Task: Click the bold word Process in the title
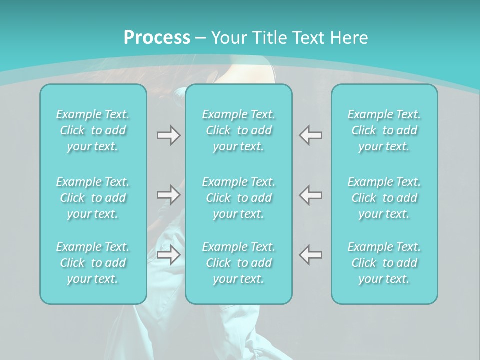pos(157,38)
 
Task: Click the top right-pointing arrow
pos(168,135)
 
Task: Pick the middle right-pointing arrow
pos(168,195)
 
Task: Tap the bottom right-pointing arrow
pos(168,255)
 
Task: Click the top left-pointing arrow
pos(311,135)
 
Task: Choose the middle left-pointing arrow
pos(311,195)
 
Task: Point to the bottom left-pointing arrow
pos(311,255)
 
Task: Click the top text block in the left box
pos(93,130)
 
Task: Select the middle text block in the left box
pos(93,198)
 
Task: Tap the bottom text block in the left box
pos(93,263)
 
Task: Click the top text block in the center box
pos(238,130)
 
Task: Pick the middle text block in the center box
pos(238,198)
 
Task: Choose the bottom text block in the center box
pos(238,263)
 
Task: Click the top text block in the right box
pos(384,130)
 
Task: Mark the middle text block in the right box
pos(384,198)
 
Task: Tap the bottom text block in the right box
pos(384,263)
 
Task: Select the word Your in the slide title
pos(227,38)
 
